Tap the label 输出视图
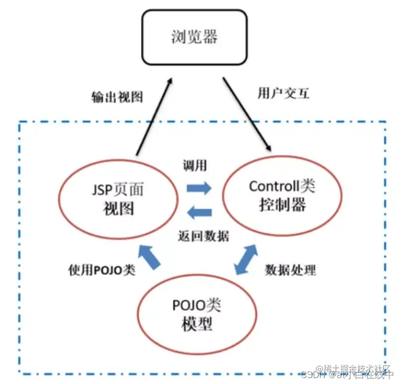click(117, 96)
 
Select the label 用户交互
click(284, 93)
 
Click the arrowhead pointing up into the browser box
click(169, 81)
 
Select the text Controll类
click(282, 187)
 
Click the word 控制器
click(282, 205)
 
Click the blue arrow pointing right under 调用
click(199, 188)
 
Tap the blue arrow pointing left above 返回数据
click(199, 213)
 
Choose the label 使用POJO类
click(101, 270)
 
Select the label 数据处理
click(290, 270)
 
